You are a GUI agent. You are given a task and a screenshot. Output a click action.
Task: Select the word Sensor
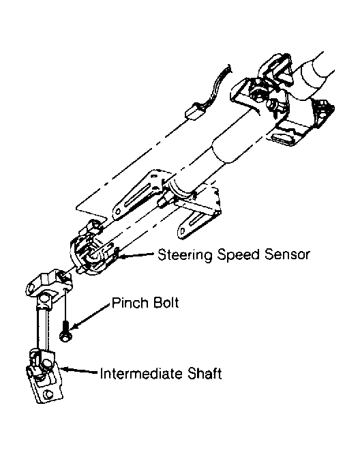tap(287, 254)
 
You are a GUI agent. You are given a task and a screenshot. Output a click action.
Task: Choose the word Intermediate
tap(141, 373)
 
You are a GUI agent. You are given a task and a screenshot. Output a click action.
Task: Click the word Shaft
tap(205, 373)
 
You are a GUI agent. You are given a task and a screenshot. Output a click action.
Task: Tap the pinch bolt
tap(66, 331)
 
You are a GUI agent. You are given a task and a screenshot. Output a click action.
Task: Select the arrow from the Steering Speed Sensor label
tap(136, 254)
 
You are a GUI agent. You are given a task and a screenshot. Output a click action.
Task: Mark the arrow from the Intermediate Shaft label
tap(80, 370)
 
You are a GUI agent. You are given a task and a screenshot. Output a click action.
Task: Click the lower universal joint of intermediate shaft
tap(44, 376)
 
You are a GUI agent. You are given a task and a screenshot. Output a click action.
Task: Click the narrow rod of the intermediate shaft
tap(43, 329)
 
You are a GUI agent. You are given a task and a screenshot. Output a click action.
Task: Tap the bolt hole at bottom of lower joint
tap(48, 394)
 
